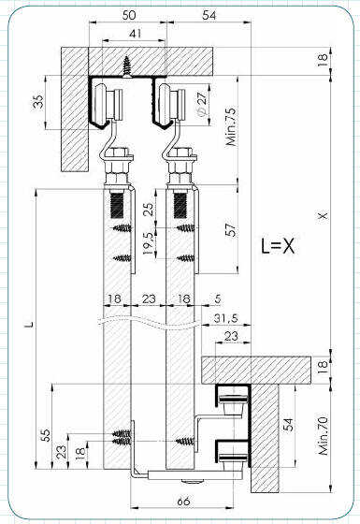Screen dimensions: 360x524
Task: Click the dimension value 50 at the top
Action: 129,15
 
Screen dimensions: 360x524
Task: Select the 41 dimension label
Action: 135,34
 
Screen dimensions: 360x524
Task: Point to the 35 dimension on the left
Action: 39,102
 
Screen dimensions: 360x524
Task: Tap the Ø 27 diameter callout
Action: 202,104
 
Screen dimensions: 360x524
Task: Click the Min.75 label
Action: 231,126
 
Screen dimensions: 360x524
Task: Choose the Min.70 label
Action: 324,435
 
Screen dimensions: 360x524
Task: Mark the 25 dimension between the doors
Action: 150,209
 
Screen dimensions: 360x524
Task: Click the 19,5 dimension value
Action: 149,243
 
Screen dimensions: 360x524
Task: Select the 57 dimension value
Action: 231,230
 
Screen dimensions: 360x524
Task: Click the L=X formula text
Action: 278,246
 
